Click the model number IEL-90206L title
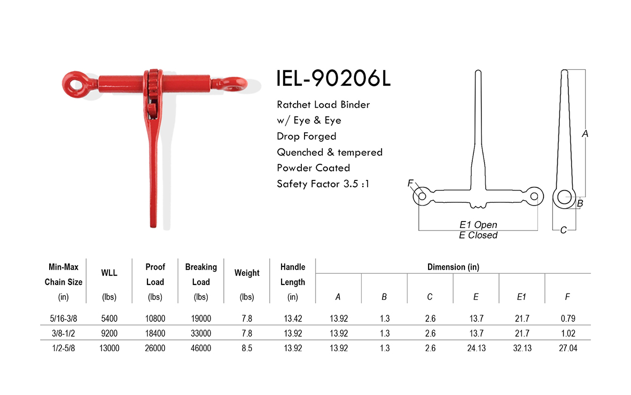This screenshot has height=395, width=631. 334,78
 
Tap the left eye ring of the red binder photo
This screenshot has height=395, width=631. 72,83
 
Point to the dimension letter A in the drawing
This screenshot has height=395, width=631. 585,135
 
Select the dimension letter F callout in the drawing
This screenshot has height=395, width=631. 410,184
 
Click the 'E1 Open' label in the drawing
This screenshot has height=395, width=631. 478,225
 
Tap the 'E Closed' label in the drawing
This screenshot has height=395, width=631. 478,235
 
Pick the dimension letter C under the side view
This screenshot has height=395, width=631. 563,231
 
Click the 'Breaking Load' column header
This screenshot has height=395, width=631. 201,274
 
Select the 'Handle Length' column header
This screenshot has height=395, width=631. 292,274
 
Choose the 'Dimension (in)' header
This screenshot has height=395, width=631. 453,266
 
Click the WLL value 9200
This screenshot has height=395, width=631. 109,334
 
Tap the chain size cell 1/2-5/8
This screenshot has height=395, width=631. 64,348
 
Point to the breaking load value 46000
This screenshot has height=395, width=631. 201,348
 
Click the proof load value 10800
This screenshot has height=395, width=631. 155,319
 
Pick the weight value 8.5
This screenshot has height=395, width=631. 246,348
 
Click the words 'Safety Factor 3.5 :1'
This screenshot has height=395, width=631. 323,184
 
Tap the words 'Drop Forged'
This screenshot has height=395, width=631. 307,136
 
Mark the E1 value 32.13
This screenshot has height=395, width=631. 521,348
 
